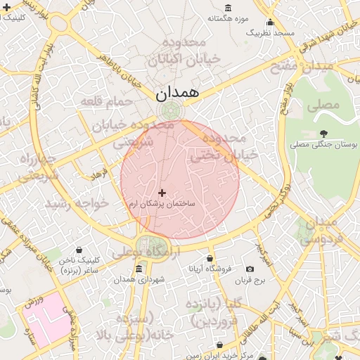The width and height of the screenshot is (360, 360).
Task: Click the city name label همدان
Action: pyautogui.click(x=177, y=92)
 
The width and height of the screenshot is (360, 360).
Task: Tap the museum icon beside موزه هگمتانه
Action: pyautogui.click(x=229, y=8)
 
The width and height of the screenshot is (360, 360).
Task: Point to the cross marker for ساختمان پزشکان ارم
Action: pyautogui.click(x=162, y=193)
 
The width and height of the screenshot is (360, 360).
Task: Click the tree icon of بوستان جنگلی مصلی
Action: pyautogui.click(x=323, y=133)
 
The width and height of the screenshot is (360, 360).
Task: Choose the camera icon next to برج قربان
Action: pyautogui.click(x=250, y=269)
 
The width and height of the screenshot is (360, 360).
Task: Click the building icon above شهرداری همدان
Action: pyautogui.click(x=139, y=269)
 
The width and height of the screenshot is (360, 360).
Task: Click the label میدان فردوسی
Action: pyautogui.click(x=325, y=231)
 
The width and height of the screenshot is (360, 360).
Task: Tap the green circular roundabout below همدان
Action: pyautogui.click(x=170, y=110)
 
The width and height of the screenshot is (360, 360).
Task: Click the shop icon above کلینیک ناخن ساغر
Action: pyautogui.click(x=78, y=250)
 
